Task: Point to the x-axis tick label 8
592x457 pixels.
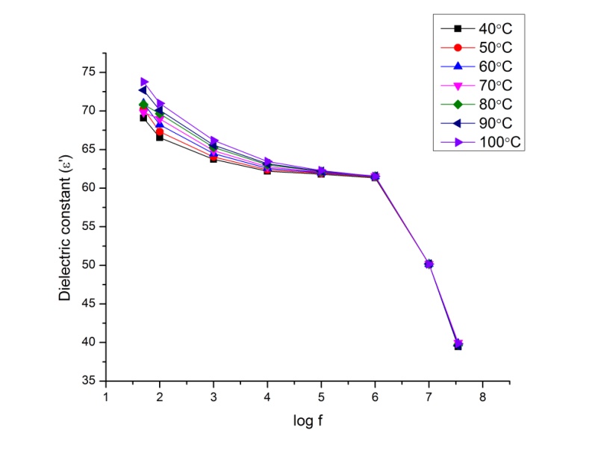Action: (x=482, y=396)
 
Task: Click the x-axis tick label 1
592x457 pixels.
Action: (x=106, y=396)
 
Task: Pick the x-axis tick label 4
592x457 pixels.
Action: (x=267, y=396)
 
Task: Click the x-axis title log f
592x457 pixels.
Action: (x=307, y=422)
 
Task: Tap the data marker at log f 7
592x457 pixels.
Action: (x=429, y=264)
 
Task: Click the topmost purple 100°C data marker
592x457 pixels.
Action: (x=144, y=81)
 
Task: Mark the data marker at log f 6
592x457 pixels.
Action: (x=375, y=176)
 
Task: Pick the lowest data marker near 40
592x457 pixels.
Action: (x=458, y=346)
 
